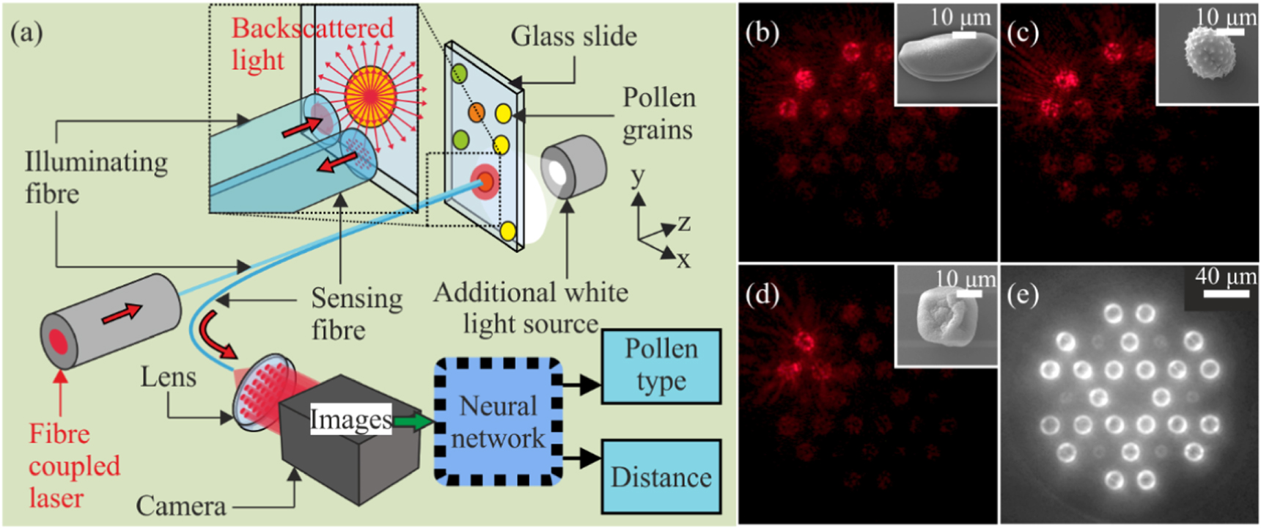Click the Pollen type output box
pos(661,365)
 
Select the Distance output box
pos(661,477)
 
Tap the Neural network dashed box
pos(498,422)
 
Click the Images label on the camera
pos(350,420)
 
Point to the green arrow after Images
pos(413,421)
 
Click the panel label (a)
pos(26,33)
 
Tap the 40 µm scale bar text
pos(1225,277)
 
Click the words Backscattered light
pos(312,44)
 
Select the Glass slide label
pos(573,36)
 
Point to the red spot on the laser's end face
pos(59,342)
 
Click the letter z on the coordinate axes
pos(684,222)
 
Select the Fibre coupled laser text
pos(73,465)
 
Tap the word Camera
pos(180,506)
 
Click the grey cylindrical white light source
pos(574,167)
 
